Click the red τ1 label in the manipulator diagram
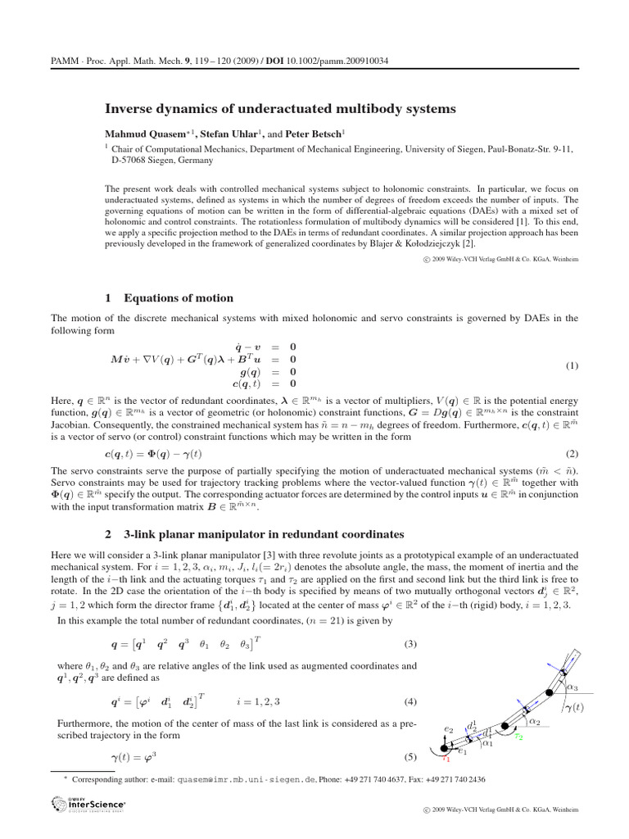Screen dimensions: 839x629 click(446, 759)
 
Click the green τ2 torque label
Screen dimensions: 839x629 click(518, 737)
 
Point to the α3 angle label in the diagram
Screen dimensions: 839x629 click(572, 687)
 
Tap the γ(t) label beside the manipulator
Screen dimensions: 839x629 click(576, 706)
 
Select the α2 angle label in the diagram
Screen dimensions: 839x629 click(534, 721)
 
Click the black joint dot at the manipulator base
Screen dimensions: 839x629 click(446, 747)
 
